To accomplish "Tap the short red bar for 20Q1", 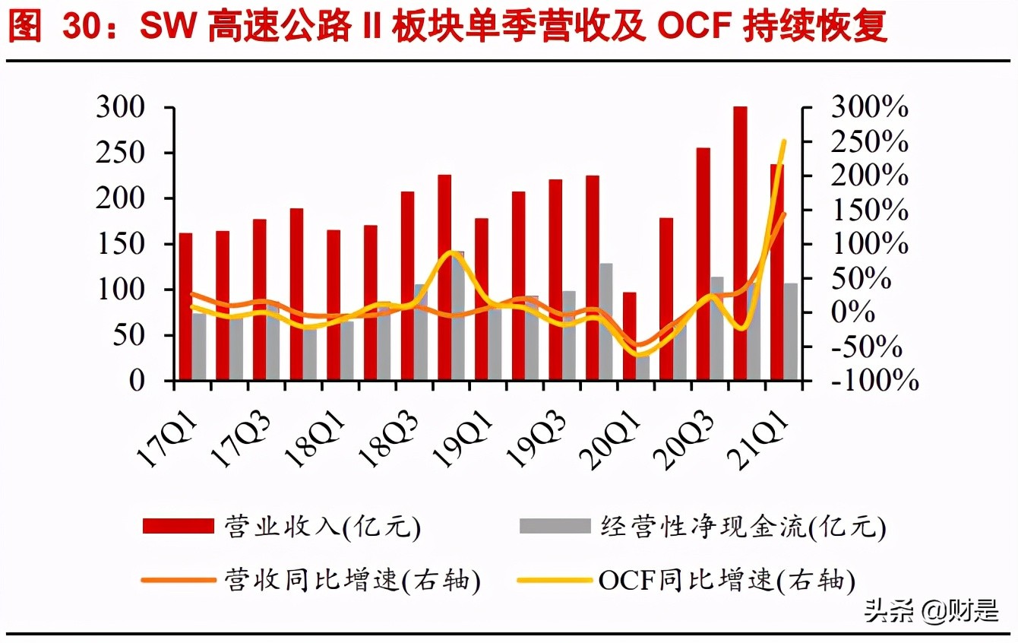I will [629, 334].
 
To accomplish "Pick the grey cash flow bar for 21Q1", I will [791, 331].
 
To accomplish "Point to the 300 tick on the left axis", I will [121, 107].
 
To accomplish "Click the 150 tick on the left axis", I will [121, 244].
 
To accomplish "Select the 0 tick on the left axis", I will [136, 380].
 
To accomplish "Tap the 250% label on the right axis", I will [870, 142].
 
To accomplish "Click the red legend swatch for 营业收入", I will [179, 525].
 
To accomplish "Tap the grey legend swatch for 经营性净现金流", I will [555, 525].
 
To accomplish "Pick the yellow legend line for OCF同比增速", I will [555, 581].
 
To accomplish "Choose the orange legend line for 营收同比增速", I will [179, 581].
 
